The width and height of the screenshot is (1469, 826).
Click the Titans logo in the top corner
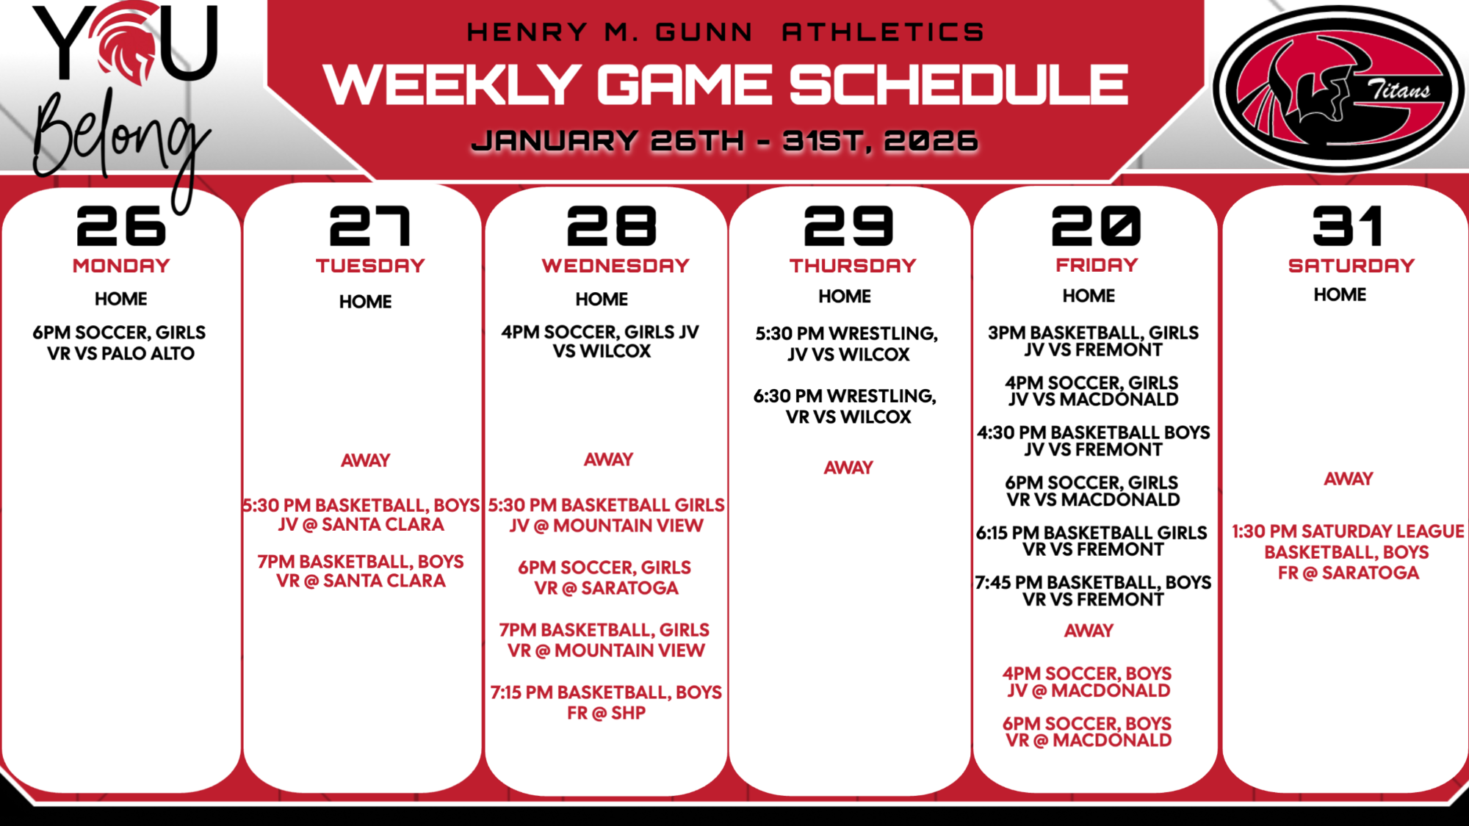[1338, 88]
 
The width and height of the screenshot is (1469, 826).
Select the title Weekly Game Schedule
[726, 84]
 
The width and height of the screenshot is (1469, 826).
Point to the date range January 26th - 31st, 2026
[725, 140]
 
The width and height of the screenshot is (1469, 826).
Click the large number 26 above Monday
[121, 225]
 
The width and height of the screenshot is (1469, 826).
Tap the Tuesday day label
[370, 266]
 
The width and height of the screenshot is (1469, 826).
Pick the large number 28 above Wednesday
[612, 225]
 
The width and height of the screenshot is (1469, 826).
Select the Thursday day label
[853, 266]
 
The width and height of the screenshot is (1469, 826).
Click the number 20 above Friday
[1097, 225]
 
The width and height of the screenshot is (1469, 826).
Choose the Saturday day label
[1351, 266]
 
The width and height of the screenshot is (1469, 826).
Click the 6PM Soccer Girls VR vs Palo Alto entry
[120, 343]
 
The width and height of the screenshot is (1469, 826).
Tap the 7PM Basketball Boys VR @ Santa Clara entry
[361, 571]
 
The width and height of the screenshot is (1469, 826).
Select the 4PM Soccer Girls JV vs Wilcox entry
[601, 341]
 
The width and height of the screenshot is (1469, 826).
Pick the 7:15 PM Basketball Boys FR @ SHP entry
[607, 703]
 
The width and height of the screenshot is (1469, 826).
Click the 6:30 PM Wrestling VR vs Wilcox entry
[845, 407]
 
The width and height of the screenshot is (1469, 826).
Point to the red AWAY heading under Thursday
[848, 468]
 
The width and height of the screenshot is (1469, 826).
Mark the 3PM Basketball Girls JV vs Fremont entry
[1094, 341]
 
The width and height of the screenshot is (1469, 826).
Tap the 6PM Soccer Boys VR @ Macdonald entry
[1088, 732]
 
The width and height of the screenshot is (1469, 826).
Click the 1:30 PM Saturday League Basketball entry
[1349, 552]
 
